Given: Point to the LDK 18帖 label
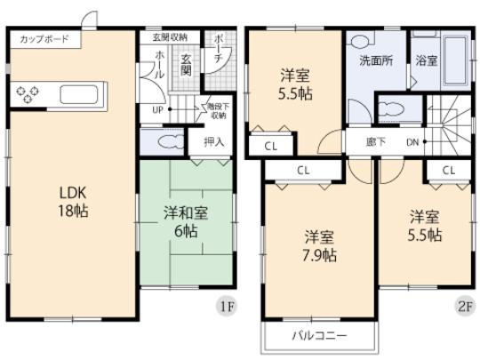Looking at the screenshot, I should point(74,203).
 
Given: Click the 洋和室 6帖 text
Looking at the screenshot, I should point(187,222).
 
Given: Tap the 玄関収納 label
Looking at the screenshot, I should point(170,38).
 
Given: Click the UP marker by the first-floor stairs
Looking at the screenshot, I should point(157,110).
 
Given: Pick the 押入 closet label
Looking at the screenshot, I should point(213,141).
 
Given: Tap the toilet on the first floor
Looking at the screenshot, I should point(166,142).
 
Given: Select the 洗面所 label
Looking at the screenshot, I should point(371,63).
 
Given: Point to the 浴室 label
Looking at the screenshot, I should point(426,62).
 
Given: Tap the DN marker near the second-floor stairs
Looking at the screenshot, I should point(412,141).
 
